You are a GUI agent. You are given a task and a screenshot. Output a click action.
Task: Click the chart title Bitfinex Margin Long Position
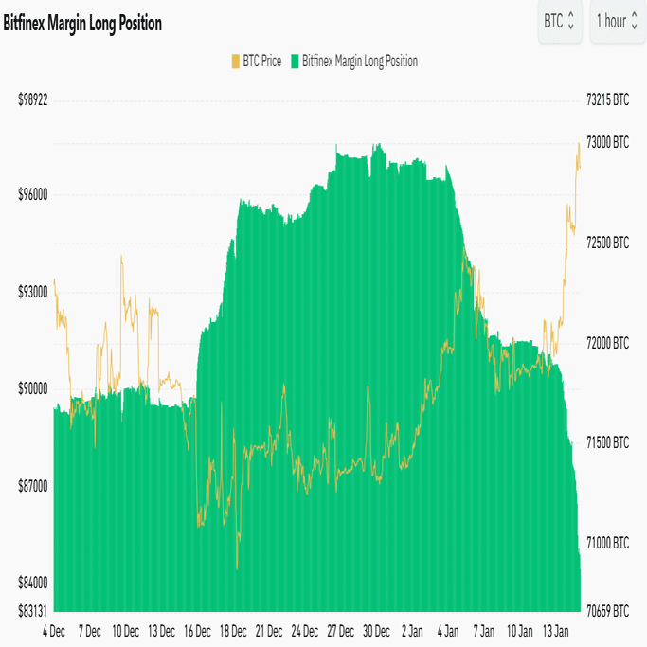(82, 24)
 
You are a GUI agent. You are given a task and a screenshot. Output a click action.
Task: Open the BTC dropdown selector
(559, 21)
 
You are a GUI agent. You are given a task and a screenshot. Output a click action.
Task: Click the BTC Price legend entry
(256, 62)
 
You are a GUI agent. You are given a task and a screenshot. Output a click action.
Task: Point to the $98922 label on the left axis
(32, 99)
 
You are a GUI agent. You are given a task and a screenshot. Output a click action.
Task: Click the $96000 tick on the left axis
(32, 194)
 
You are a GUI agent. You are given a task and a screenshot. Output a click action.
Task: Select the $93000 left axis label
(32, 292)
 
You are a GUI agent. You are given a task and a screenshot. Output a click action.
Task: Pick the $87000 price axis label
(32, 486)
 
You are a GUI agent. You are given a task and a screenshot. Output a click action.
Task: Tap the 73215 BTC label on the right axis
(607, 99)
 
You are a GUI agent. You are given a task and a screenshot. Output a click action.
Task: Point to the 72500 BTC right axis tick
(607, 243)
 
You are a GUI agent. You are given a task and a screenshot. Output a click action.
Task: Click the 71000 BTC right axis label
(607, 544)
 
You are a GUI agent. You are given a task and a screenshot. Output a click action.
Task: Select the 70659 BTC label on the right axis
(607, 611)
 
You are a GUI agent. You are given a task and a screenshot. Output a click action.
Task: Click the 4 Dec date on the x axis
(54, 630)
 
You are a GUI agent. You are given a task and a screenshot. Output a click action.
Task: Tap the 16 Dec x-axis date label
(196, 630)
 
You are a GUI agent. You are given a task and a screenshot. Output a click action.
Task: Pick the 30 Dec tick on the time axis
(376, 630)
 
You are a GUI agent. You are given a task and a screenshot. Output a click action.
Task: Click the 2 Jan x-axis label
(412, 630)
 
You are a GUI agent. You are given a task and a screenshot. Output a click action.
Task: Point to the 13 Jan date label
(554, 630)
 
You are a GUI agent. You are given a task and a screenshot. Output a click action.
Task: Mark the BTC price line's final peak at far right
(579, 144)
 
